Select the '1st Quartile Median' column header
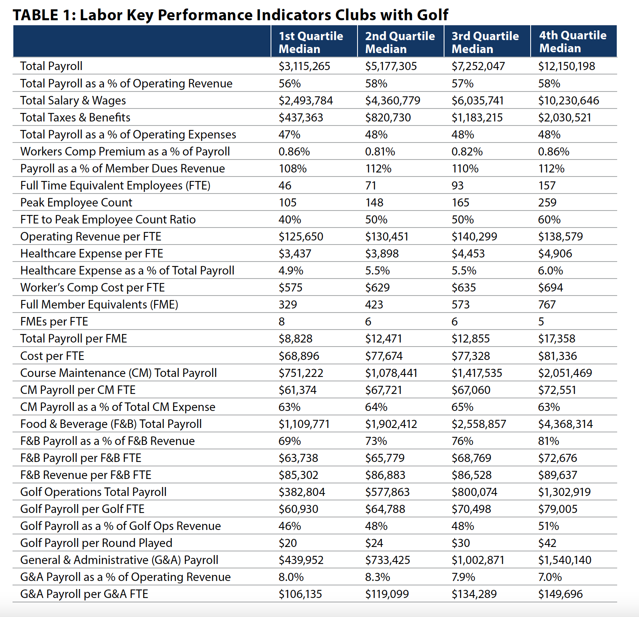pos(311,42)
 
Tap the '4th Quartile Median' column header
pos(573,42)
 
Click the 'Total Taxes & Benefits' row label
pos(75,117)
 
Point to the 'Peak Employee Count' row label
pos(76,202)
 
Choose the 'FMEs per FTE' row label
pos(54,321)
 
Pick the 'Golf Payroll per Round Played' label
pos(96,543)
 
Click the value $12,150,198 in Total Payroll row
pos(566,66)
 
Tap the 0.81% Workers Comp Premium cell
pos(380,151)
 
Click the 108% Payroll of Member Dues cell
pos(292,168)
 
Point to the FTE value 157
pos(547,185)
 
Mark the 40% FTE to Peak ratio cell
pos(290,219)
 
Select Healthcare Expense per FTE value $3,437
pos(295,253)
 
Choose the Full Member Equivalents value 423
pos(374,304)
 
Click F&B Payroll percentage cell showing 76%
pos(462,441)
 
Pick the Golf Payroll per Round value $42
pos(547,543)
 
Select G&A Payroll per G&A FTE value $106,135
pos(300,594)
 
